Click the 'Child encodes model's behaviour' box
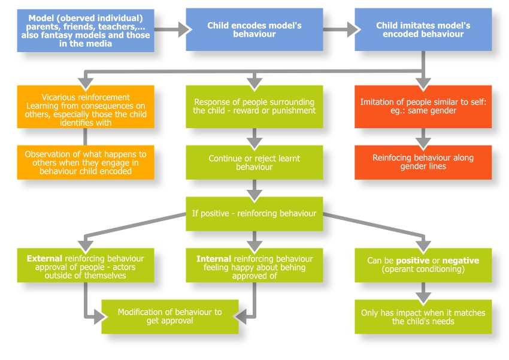254,30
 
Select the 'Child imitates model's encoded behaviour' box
423,30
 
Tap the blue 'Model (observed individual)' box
86,30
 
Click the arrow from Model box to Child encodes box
170,30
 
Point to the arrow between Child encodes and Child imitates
338,30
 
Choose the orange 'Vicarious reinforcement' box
86,106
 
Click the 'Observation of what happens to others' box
86,162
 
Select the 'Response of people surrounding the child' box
254,106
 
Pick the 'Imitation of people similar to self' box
423,106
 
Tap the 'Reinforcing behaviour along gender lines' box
423,162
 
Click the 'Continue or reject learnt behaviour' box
254,162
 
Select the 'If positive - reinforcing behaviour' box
254,214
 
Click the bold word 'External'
44,259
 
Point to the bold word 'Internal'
213,259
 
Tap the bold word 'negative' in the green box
460,261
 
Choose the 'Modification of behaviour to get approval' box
170,316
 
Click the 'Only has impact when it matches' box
423,316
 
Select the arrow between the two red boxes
423,137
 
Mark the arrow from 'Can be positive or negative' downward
423,291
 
